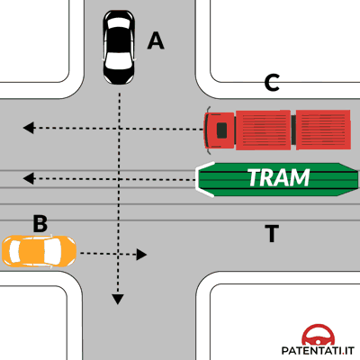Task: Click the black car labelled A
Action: pos(119,47)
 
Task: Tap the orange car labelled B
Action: pos(39,251)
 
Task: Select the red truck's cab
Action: pos(220,130)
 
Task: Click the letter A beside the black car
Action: pos(156,40)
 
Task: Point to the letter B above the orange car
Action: pos(40,223)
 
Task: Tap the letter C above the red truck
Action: pos(272,83)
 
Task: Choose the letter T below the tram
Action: pos(272,233)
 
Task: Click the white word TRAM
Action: pos(279,177)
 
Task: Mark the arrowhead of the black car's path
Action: pos(118,300)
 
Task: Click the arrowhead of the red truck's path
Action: pos(29,128)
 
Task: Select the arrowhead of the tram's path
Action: pos(29,179)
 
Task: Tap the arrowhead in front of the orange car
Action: pos(141,255)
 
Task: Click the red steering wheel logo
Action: pos(318,335)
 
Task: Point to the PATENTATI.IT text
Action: pos(318,350)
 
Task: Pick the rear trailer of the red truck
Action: pos(323,130)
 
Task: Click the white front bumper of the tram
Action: pos(200,179)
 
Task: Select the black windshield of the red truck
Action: pos(221,130)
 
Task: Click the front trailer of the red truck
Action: pos(263,130)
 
